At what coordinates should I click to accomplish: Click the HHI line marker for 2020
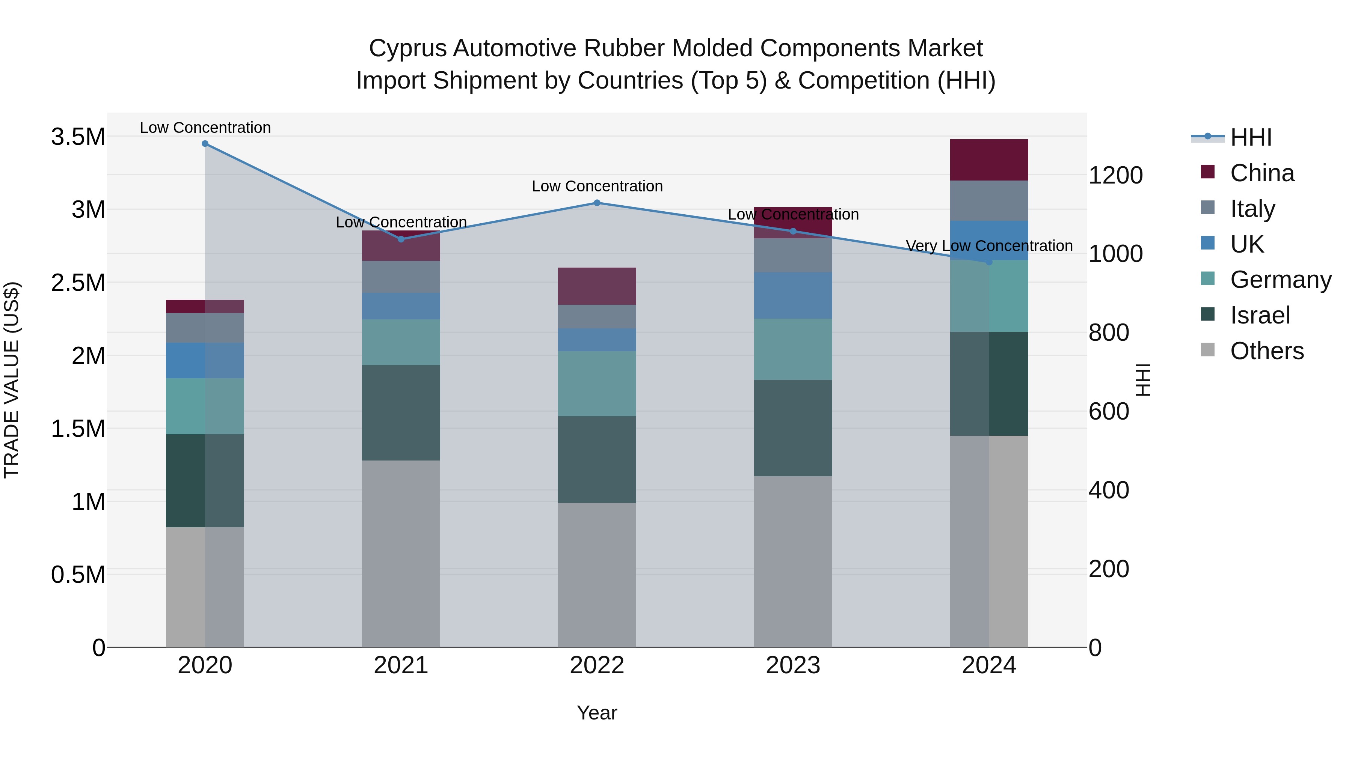(205, 144)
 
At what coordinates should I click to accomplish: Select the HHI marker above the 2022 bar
(597, 203)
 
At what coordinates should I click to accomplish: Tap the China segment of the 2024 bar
(989, 160)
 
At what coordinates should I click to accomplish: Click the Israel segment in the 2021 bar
(401, 413)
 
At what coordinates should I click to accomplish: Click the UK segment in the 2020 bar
(205, 360)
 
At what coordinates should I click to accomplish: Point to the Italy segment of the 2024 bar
(989, 201)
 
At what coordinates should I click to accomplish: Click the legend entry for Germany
(1281, 280)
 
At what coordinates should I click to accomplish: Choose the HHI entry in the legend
(1251, 137)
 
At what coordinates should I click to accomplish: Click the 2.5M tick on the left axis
(78, 283)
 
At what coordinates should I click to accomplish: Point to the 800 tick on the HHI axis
(1109, 333)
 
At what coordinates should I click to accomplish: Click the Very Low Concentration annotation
(989, 245)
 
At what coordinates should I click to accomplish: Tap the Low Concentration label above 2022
(597, 186)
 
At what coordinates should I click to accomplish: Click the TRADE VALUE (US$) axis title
(12, 380)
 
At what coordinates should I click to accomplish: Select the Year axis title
(597, 713)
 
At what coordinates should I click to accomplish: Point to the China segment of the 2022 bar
(597, 286)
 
